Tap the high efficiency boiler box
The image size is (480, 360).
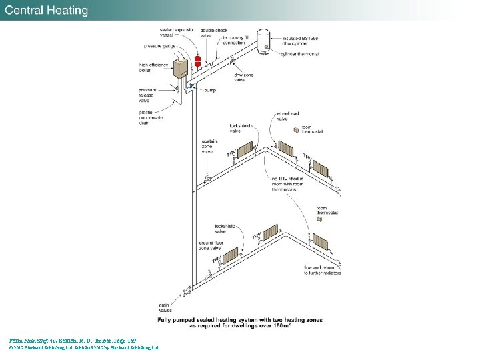180,68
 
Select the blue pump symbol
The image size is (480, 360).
191,86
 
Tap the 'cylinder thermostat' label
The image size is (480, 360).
300,54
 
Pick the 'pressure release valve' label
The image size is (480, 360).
147,94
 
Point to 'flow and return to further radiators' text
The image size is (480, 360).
323,270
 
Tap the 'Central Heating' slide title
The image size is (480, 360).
47,10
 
